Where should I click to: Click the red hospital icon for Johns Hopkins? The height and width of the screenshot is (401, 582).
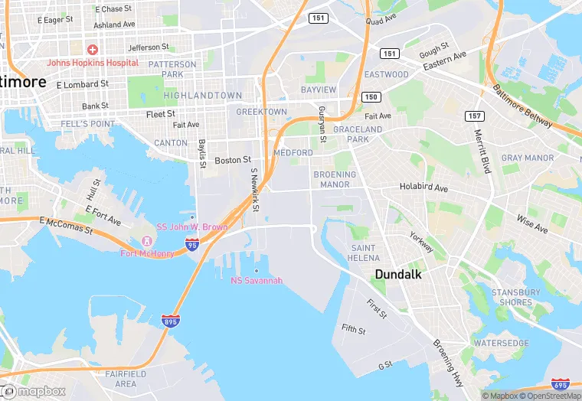93,48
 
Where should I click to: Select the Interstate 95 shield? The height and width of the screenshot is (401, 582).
191,245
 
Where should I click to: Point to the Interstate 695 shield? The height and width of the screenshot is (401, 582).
560,384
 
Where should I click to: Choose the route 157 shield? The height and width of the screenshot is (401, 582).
475,116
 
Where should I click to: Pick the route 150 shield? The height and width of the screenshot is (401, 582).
371,96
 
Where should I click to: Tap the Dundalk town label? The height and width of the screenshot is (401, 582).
399,273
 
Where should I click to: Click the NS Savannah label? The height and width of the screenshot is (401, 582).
257,280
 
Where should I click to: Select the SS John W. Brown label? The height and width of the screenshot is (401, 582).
192,227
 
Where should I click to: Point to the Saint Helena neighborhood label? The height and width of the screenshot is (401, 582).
363,253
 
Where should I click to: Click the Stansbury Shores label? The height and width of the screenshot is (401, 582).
515,297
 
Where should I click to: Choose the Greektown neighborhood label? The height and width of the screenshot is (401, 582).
261,112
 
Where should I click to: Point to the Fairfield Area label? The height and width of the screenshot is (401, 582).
115,378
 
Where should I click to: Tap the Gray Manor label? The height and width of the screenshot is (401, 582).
528,158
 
